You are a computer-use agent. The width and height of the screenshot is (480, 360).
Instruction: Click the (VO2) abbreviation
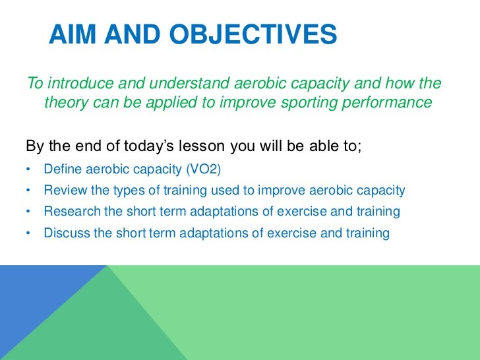coord(207,169)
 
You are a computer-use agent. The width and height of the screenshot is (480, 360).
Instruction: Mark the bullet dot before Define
coord(28,170)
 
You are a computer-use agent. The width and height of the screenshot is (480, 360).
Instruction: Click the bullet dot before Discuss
coord(28,233)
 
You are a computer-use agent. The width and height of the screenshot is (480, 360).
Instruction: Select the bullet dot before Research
coord(28,212)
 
